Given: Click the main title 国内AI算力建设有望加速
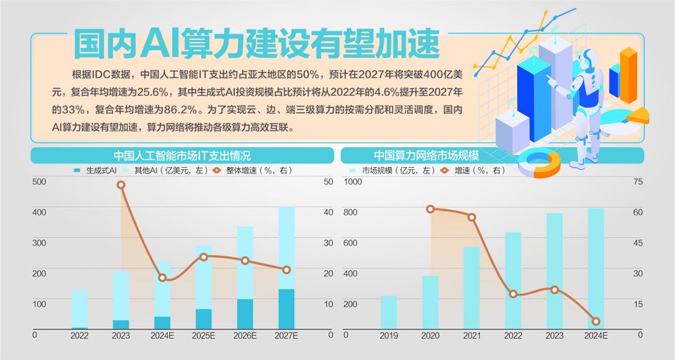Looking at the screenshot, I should pos(257,44).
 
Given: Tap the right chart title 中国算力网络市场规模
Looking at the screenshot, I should pos(426,155).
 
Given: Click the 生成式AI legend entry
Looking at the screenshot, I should pos(96,171).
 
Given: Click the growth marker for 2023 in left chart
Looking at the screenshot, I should pos(121,185).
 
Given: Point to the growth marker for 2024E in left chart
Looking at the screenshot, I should pos(162,277).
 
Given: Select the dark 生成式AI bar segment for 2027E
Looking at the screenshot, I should pos(286,309).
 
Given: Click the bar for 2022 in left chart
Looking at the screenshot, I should pos(79,309).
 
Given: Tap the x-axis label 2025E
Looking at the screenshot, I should pos(204,334).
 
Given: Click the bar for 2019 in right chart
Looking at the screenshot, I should pos(389,313).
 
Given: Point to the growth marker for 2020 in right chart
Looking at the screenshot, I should pos(430,209).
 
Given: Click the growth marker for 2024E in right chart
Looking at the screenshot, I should pos(596,321).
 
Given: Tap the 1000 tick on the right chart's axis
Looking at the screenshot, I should pos(353,181).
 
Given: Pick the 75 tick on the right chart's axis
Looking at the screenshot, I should pos(639,181).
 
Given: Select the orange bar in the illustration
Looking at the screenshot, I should pos(628,75).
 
